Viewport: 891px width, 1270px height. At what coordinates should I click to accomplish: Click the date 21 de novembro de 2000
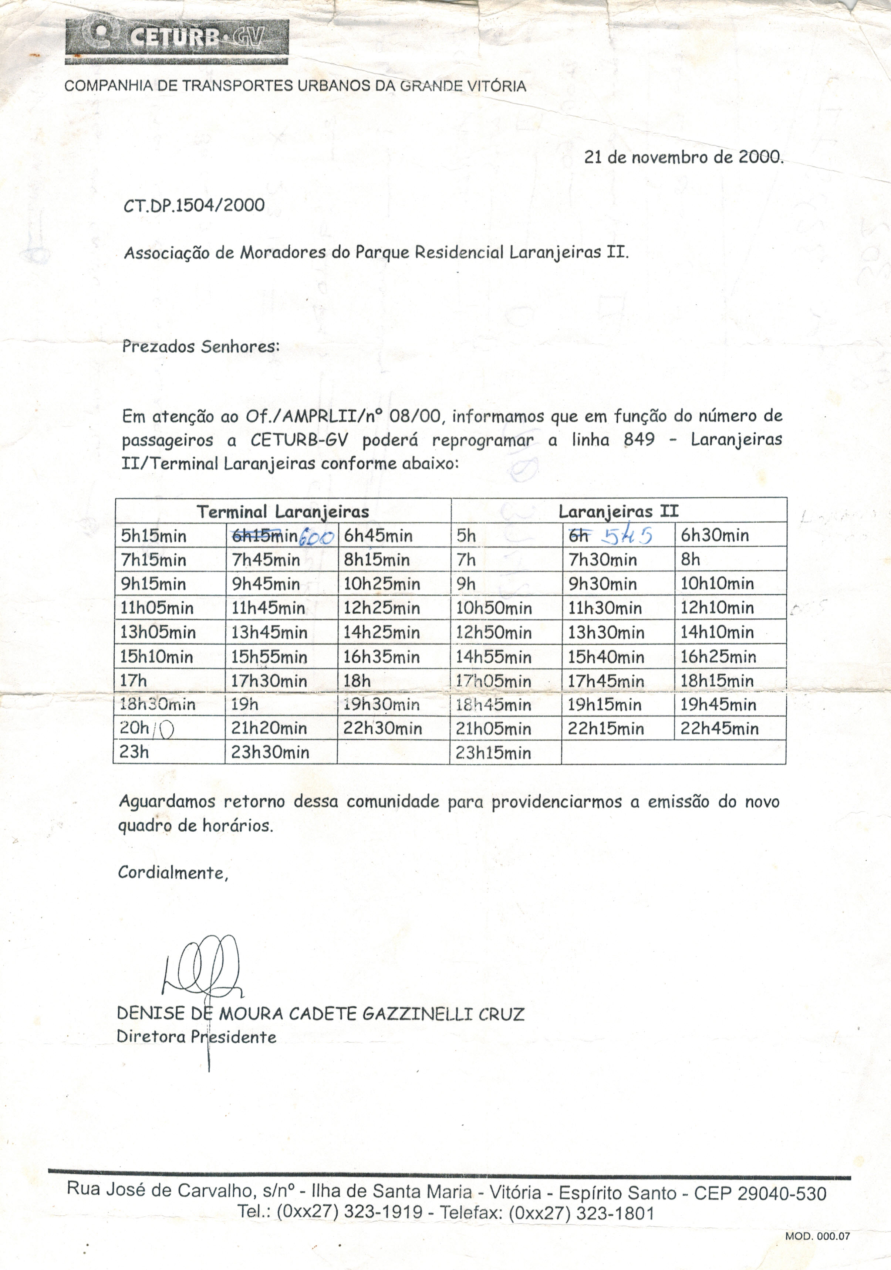684,158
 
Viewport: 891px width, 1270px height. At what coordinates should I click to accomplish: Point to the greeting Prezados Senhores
200,347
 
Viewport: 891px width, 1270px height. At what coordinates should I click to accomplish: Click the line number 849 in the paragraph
639,440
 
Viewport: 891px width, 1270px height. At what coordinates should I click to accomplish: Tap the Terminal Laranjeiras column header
283,511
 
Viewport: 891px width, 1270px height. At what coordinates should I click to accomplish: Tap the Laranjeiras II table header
618,511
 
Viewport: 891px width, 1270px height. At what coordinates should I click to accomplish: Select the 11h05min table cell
157,608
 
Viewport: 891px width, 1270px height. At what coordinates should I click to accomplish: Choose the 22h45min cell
719,729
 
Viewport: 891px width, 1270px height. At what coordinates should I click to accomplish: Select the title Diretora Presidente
196,1036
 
